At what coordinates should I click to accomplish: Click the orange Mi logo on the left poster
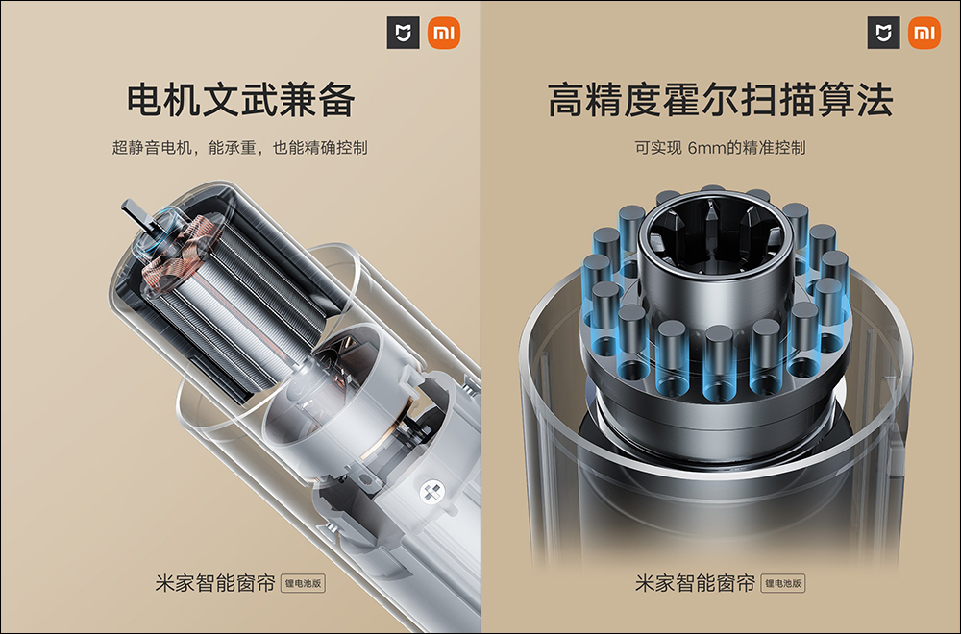click(444, 33)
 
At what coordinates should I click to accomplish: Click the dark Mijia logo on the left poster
click(404, 33)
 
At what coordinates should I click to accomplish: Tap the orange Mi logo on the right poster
click(924, 33)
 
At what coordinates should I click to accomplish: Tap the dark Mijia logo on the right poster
click(884, 33)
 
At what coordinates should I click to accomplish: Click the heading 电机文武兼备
click(240, 100)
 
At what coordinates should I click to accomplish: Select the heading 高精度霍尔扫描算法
click(720, 100)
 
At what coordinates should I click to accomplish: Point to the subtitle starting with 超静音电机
click(239, 148)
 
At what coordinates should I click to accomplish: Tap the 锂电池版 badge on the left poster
click(304, 583)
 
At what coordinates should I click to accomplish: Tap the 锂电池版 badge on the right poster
click(783, 583)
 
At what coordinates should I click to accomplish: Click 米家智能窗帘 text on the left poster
click(215, 583)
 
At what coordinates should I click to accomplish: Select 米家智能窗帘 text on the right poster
click(695, 583)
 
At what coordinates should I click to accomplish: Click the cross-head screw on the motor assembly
click(431, 492)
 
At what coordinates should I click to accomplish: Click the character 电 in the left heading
click(145, 100)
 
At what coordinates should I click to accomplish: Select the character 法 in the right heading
click(875, 100)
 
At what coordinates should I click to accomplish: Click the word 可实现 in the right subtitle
click(658, 148)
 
